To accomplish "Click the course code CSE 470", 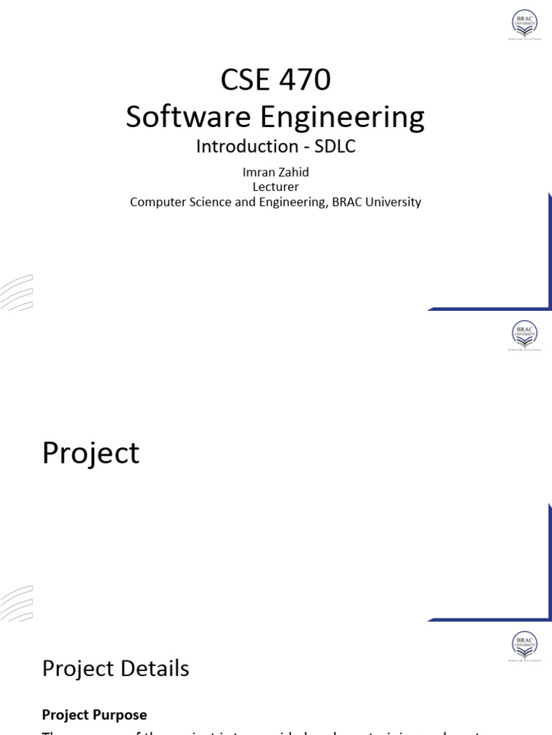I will point(275,80).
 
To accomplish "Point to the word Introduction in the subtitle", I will point(243,146).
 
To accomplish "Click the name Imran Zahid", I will point(275,173).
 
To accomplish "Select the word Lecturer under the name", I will point(275,187).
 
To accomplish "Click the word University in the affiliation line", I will point(394,202).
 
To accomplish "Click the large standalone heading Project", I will point(91,454).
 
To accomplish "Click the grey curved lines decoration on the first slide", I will point(17,293).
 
